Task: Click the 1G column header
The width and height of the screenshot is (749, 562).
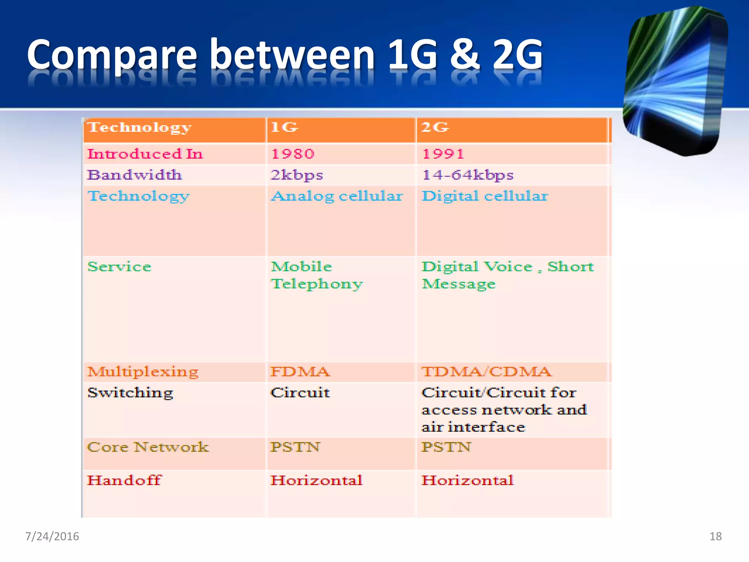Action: point(284,127)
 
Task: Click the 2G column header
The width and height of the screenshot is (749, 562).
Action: point(434,127)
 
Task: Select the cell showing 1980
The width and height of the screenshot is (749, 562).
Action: point(293,154)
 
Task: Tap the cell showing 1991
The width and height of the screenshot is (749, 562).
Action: point(443,154)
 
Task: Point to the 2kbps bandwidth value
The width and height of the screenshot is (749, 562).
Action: point(297,175)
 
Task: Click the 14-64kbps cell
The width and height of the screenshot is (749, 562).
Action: point(468,175)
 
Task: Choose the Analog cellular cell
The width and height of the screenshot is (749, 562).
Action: point(337,196)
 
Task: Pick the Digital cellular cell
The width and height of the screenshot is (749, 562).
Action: point(485,196)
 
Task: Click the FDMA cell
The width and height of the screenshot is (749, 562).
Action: point(300,372)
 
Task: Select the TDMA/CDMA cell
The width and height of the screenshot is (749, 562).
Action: point(486,372)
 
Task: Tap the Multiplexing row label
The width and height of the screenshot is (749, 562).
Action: point(143,372)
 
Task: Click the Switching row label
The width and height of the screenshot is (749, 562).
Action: point(130,393)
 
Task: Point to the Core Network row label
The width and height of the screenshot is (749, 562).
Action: point(148,447)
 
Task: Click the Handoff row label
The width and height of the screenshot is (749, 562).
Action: point(124,480)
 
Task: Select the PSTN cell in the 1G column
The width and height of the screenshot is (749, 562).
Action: point(295,447)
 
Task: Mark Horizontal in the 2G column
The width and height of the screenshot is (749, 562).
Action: point(467,480)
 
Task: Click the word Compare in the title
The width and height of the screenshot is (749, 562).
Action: point(112,55)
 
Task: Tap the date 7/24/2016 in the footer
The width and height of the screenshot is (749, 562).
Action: point(52,536)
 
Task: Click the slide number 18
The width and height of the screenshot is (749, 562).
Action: point(715,536)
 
